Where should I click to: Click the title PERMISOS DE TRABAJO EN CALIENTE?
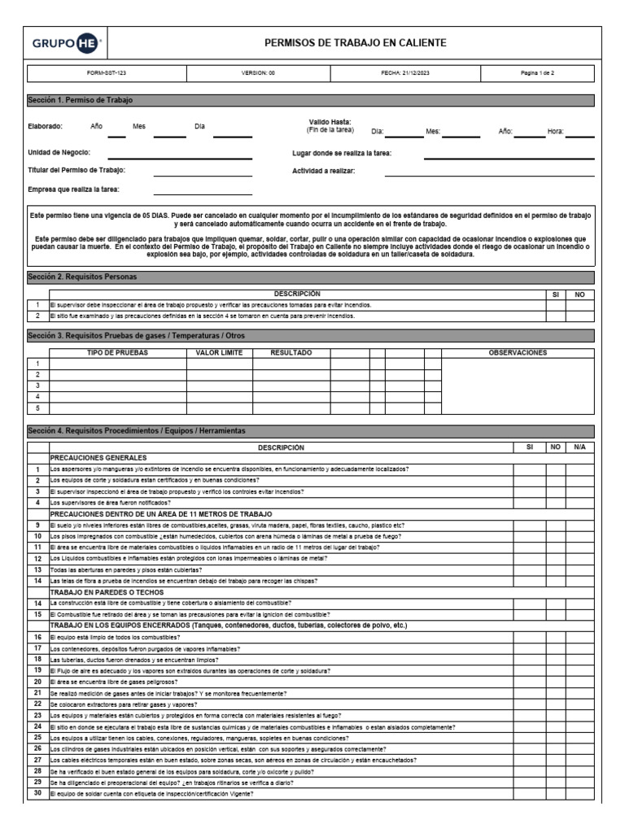click(355, 43)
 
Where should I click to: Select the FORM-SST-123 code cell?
click(107, 73)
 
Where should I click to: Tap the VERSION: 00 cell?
click(258, 73)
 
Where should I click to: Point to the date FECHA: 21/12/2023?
click(405, 73)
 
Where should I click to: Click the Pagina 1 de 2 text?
click(538, 73)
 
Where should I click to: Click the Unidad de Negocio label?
click(59, 152)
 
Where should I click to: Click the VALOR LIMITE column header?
click(220, 353)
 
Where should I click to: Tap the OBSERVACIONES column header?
click(517, 353)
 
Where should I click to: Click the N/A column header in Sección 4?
click(579, 447)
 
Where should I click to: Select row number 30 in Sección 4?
click(37, 794)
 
